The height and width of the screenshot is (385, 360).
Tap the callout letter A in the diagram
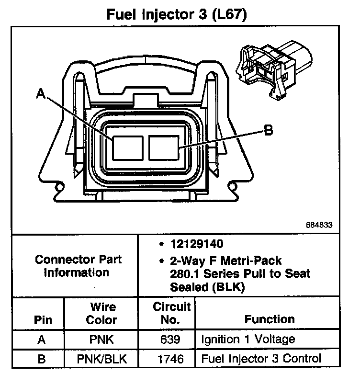[41, 95]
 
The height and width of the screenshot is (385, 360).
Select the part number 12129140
[196, 245]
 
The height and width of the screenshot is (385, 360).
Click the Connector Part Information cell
[79, 266]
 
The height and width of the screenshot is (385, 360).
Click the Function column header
[270, 319]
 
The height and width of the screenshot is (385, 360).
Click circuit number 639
[171, 340]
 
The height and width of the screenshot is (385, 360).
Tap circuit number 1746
[171, 359]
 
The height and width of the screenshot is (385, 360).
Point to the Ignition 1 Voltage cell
[247, 340]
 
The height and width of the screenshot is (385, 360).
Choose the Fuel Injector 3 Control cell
[261, 359]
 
